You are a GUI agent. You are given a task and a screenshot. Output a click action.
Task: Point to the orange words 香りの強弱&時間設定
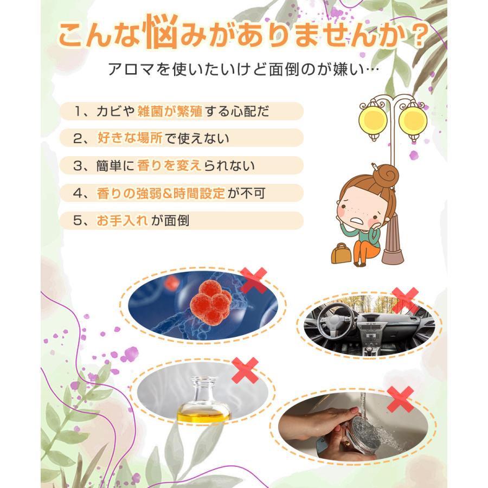[x=160, y=192]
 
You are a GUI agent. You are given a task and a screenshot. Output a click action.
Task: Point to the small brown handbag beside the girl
[x=341, y=254]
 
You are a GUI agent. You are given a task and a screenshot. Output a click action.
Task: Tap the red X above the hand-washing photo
[x=401, y=399]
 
